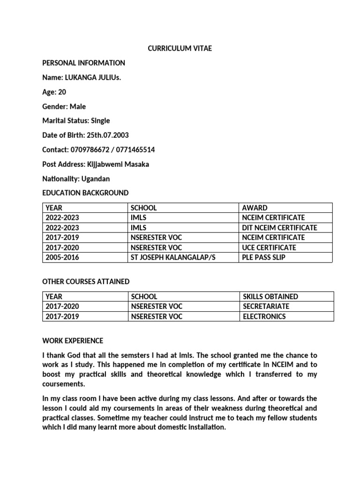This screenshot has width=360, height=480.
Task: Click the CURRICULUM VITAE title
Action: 180,48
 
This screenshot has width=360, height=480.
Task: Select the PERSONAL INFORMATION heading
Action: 83,63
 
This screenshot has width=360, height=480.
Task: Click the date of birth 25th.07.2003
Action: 107,135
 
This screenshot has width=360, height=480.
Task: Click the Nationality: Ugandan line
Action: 76,179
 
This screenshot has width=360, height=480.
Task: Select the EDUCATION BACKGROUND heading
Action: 85,193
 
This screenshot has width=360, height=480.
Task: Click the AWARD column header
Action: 255,208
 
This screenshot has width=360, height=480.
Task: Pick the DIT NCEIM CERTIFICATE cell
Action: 280,227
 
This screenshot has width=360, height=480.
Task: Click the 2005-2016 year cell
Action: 62,257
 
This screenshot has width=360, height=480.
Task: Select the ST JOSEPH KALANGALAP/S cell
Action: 169,257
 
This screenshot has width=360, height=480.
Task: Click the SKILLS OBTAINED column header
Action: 270,296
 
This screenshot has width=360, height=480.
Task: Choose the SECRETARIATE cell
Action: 266,306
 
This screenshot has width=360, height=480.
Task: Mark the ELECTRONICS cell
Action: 264,316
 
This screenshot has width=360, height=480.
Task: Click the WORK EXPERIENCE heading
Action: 73,340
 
